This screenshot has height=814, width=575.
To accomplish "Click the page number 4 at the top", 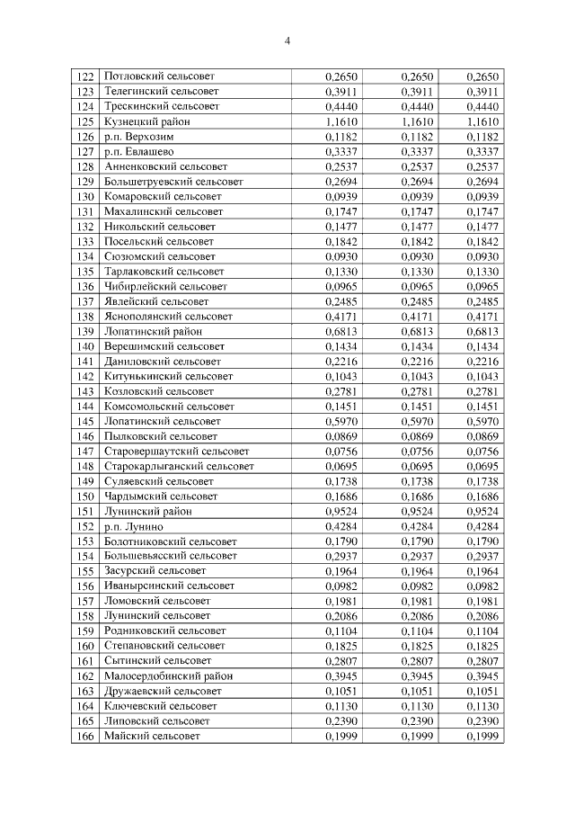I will [287, 40].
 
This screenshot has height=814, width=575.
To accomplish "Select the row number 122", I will [86, 76].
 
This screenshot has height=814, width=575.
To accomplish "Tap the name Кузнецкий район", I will [146, 121].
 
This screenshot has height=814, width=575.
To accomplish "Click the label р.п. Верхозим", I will [139, 137].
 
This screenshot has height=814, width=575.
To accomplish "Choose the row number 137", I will [86, 301].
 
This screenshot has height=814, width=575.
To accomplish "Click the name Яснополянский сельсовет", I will [168, 317].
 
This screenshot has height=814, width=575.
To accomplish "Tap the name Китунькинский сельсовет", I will [168, 376].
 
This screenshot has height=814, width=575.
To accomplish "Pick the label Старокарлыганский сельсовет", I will [179, 466].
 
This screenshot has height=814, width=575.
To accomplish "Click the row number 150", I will [86, 496].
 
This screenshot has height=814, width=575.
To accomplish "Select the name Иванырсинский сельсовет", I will [169, 586].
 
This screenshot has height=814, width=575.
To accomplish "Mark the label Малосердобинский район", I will [168, 676].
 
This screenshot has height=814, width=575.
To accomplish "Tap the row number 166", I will [86, 737].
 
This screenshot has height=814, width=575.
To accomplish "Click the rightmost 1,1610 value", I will [482, 121].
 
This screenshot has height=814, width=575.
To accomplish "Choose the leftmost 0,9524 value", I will [341, 511].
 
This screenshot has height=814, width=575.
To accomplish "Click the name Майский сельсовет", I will [152, 737].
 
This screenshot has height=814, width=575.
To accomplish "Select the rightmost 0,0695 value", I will [482, 466].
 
